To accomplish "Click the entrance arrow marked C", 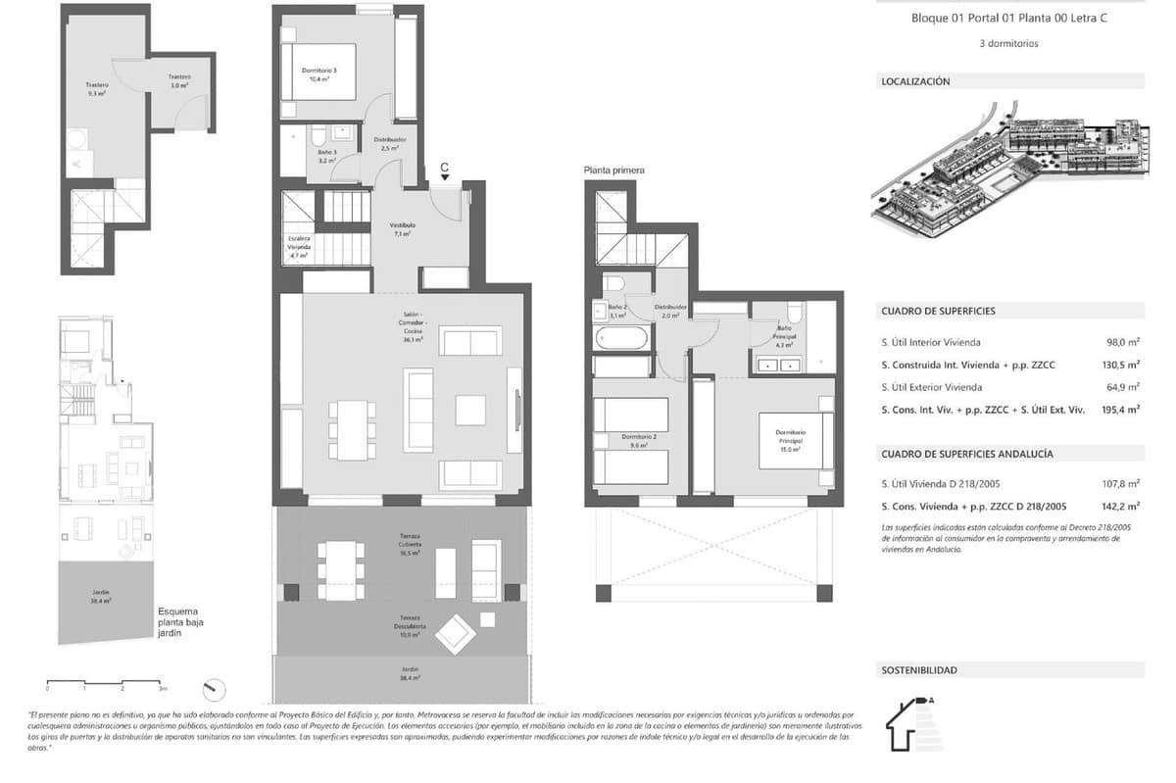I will pyautogui.click(x=444, y=171).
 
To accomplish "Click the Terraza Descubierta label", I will pyautogui.click(x=410, y=629).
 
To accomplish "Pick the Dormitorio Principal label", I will pyautogui.click(x=790, y=437).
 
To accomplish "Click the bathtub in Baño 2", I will pyautogui.click(x=621, y=339).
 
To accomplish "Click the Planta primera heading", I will pyautogui.click(x=614, y=171).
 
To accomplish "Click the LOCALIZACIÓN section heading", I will pyautogui.click(x=915, y=82).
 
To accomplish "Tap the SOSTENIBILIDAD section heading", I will pyautogui.click(x=919, y=670).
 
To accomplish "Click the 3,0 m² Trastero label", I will pyautogui.click(x=178, y=81).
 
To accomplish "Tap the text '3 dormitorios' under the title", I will pyautogui.click(x=1008, y=44).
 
